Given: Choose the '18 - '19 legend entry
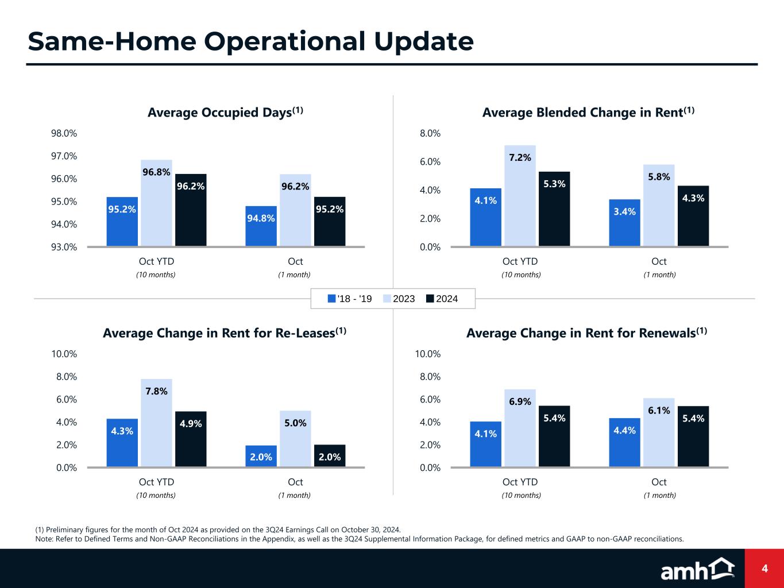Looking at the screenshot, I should (x=350, y=299).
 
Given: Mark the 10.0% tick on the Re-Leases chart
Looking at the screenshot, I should (x=64, y=354).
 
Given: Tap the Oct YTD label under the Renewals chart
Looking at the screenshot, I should (x=520, y=482).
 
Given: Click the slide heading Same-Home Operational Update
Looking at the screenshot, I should (x=251, y=41).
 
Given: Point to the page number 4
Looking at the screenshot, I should (x=764, y=568).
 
